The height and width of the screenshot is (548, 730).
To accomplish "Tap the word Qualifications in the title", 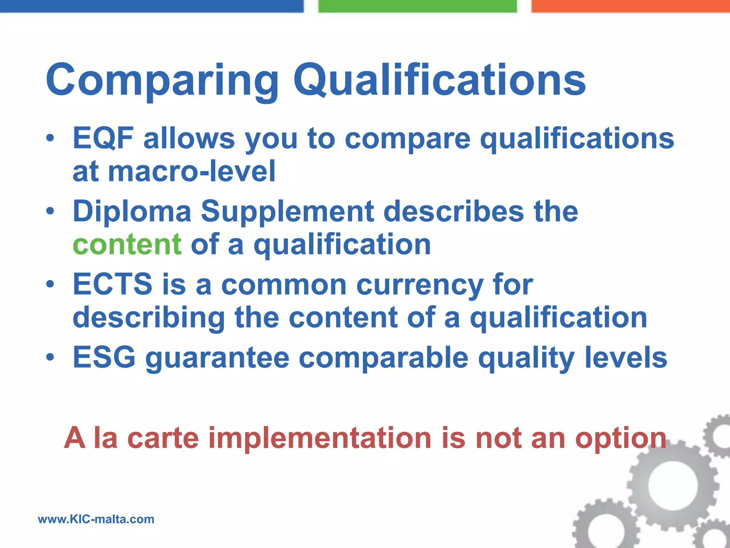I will (439, 80).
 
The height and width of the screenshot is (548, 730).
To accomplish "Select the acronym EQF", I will (103, 138).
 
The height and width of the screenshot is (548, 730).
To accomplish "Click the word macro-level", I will (191, 172).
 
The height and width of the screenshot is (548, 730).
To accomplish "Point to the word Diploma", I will (132, 212).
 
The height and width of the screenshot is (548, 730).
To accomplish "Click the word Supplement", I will (287, 212).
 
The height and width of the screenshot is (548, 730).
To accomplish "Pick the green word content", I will (127, 245).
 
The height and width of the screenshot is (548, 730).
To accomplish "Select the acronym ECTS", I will (112, 285).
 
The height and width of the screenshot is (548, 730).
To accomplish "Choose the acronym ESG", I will (104, 357).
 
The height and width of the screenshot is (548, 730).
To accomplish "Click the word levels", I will (626, 357).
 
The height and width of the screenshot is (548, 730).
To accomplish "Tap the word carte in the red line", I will (163, 438).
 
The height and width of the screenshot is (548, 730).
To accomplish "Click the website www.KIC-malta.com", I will (96, 519).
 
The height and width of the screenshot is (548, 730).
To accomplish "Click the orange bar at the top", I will (630, 6).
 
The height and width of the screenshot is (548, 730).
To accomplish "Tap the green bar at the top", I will (417, 6).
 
